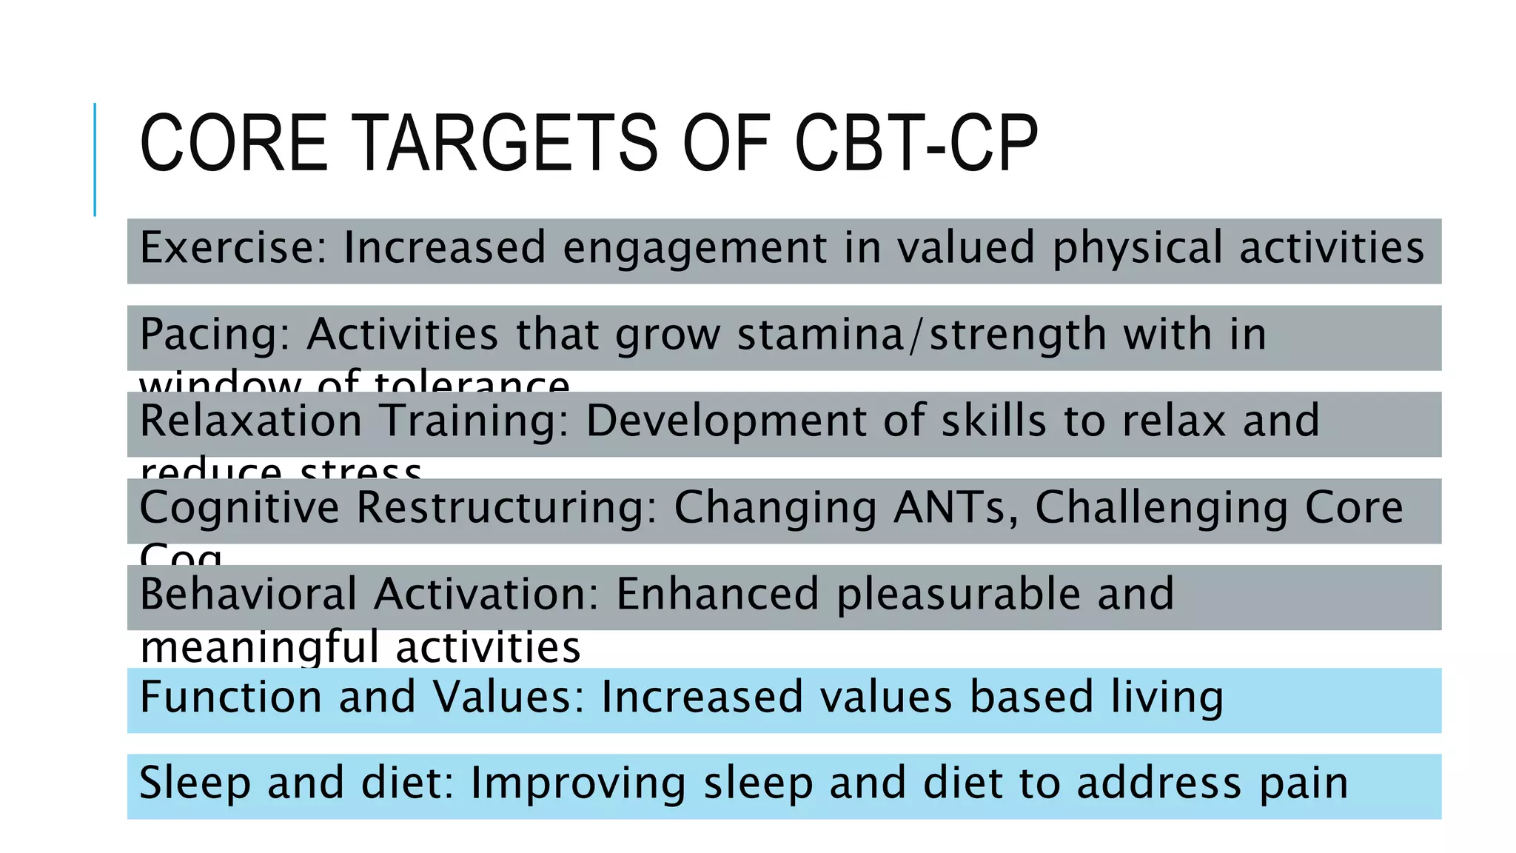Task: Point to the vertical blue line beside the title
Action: [x=95, y=159]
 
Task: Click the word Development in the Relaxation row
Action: [x=725, y=422]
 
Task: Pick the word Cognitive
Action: [x=239, y=509]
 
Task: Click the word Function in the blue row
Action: [x=230, y=697]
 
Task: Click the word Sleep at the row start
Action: [x=195, y=783]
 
